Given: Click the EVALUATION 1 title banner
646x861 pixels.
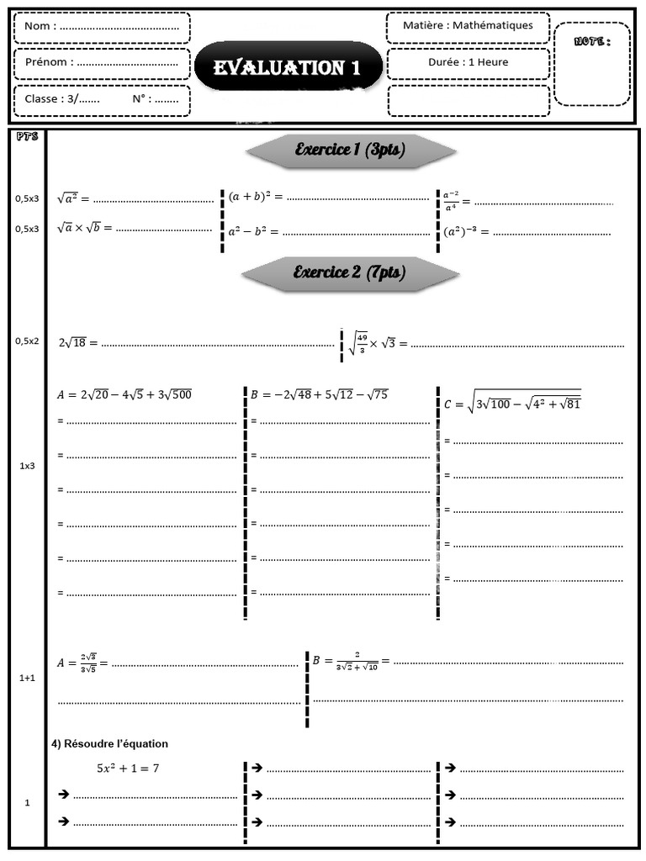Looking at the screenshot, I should tap(288, 68).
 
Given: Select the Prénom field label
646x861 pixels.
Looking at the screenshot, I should tap(49, 61).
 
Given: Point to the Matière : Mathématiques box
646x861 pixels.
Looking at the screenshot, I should tap(468, 25).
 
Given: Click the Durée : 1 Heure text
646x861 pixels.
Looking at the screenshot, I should tap(468, 61).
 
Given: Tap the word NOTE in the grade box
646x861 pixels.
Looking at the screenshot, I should tap(591, 41).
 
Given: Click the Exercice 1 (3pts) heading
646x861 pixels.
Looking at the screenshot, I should tap(350, 151).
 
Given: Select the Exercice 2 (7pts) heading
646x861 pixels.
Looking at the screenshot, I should tap(349, 272).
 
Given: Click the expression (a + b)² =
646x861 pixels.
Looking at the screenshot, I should tap(255, 197).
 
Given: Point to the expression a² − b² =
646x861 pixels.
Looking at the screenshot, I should tap(252, 230).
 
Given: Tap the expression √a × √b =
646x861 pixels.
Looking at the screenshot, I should tap(84, 227).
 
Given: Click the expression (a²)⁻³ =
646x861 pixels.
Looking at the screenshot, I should tap(465, 231).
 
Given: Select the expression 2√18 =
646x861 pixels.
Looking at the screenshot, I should tap(78, 342).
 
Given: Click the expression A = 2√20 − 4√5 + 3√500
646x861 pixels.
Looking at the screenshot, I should tap(124, 394).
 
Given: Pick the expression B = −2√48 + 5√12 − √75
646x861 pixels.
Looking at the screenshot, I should tap(319, 394).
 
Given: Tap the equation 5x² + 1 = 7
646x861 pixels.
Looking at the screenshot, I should tap(128, 767).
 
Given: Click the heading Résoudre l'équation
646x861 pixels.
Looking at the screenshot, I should tap(110, 743).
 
